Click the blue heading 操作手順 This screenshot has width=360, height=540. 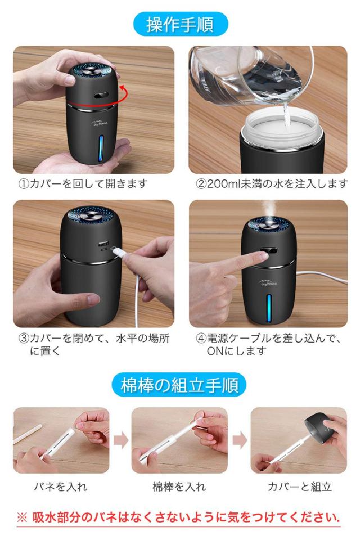click(181, 24)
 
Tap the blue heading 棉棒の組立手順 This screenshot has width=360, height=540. click(179, 385)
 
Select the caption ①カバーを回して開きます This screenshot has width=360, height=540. click(83, 184)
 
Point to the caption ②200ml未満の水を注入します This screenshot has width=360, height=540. click(272, 184)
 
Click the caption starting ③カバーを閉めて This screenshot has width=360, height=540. click(94, 344)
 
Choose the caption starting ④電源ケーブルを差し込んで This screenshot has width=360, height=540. click(269, 344)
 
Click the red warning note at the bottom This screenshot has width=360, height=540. click(178, 517)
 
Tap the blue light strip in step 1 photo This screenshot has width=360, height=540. click(101, 148)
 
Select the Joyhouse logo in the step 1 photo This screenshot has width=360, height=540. click(100, 123)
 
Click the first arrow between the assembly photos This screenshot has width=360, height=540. click(121, 440)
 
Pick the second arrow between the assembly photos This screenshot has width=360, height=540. click(240, 440)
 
